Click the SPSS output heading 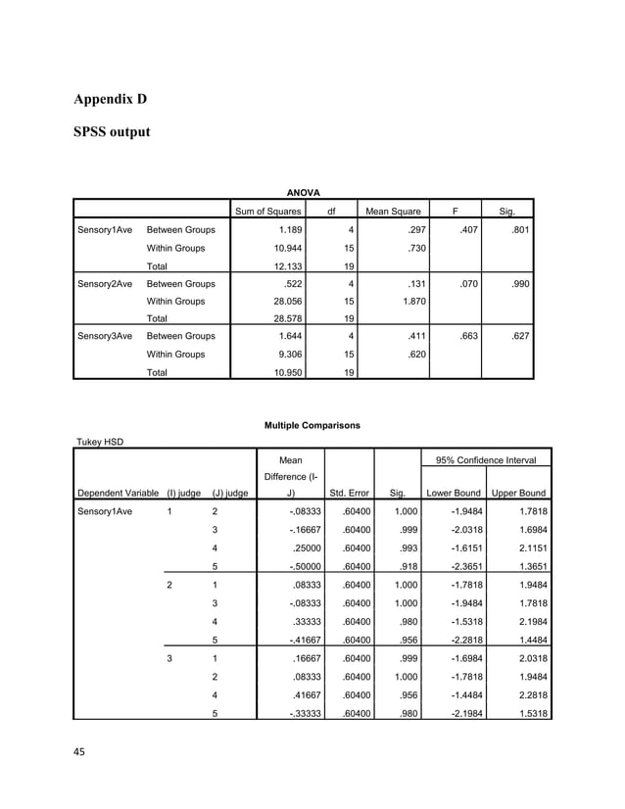tap(113, 130)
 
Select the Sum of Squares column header tap(266, 212)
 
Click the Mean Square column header tap(393, 212)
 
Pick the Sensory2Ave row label tap(105, 283)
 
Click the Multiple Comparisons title tap(312, 425)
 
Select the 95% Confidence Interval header tap(486, 460)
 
